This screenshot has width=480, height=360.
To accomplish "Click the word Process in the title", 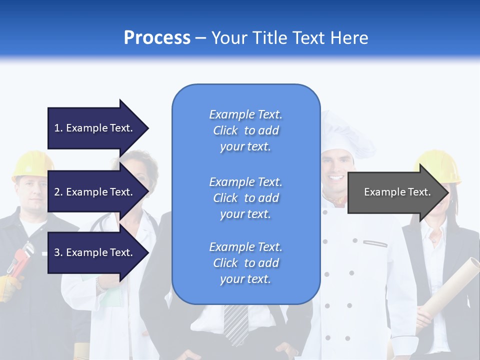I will pos(157,38).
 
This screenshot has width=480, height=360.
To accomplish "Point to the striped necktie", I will pos(235,322).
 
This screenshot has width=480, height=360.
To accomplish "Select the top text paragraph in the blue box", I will pos(245,130).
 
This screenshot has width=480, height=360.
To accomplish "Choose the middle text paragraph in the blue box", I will pos(245,198).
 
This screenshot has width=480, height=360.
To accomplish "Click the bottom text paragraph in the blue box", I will pos(245,263).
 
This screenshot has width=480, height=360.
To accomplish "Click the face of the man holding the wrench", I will pos(31,192).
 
